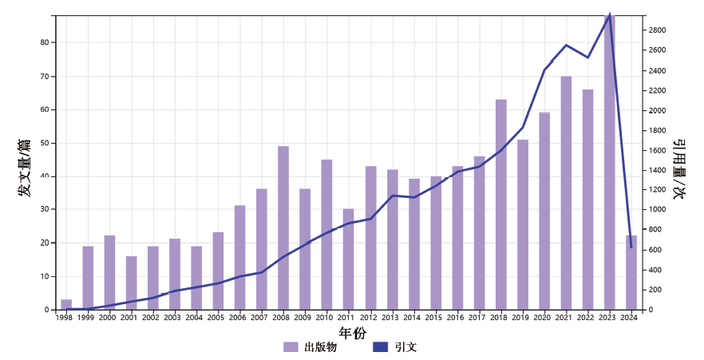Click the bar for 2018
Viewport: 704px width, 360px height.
tap(501, 204)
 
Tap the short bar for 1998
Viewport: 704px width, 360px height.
tap(66, 304)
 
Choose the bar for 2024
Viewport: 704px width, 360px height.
tap(631, 272)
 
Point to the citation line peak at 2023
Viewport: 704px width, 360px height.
tap(610, 14)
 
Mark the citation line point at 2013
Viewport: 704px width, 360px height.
tap(392, 196)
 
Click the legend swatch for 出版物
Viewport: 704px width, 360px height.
tap(291, 347)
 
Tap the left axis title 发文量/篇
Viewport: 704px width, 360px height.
tap(25, 168)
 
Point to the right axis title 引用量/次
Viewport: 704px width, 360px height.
tap(679, 168)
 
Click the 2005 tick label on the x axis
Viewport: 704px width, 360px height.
tap(218, 318)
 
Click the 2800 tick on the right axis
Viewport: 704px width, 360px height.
tap(658, 30)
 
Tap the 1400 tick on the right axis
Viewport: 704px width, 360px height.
tap(658, 170)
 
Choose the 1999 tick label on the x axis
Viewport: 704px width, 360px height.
tap(88, 318)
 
